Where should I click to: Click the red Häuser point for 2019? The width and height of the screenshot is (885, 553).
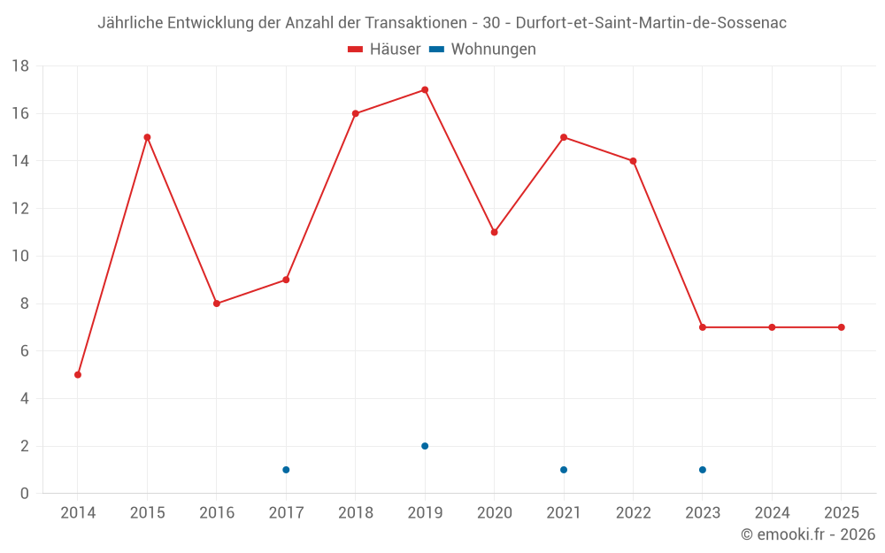(425, 89)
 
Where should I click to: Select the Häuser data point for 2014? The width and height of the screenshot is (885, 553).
(78, 374)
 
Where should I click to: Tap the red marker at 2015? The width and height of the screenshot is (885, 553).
(147, 137)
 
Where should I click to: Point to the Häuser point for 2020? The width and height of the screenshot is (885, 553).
(494, 232)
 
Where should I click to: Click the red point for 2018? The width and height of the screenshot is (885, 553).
(355, 113)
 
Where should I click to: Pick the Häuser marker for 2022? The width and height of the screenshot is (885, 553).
(633, 161)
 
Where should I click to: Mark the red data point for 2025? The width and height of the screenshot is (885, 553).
(841, 327)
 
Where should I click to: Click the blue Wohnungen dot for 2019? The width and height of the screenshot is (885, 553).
(425, 446)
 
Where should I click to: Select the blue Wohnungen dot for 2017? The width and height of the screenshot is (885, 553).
(286, 470)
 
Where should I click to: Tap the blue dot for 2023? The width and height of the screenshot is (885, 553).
(703, 470)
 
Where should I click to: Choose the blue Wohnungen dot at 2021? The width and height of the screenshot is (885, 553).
(564, 470)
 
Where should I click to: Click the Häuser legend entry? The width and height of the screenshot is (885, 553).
(384, 50)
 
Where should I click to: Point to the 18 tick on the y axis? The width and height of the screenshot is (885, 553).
(20, 66)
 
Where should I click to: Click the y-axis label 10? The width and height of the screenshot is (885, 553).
(20, 257)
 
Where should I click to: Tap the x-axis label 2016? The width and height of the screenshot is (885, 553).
(217, 513)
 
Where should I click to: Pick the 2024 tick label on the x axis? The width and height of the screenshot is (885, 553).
(772, 513)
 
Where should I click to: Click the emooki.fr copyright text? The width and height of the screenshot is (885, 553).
(808, 534)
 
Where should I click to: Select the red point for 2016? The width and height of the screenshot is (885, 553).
(217, 303)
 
